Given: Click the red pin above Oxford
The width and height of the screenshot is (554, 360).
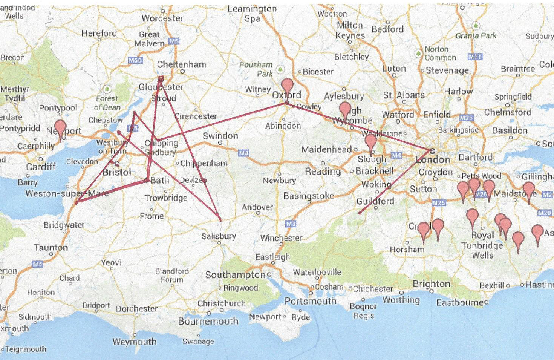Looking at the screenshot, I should pyautogui.click(x=288, y=85).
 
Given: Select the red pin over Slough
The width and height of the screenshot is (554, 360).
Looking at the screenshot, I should pyautogui.click(x=371, y=141).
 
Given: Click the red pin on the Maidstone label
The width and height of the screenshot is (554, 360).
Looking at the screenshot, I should pyautogui.click(x=529, y=189).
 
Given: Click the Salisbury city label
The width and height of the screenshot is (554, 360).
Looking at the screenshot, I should pyautogui.click(x=219, y=236).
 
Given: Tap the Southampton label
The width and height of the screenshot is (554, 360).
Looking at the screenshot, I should pyautogui.click(x=235, y=275).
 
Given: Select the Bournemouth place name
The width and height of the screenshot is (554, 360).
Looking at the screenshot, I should pyautogui.click(x=208, y=321).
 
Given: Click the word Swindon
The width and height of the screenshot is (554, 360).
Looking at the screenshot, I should pyautogui.click(x=220, y=136).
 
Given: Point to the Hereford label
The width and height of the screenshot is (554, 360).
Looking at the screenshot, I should pyautogui.click(x=99, y=33).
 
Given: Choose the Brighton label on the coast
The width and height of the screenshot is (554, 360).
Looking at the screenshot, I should pyautogui.click(x=432, y=284).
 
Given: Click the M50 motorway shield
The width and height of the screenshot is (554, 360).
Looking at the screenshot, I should pyautogui.click(x=135, y=60).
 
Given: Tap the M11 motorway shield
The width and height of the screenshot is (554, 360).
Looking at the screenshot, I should pyautogui.click(x=474, y=57).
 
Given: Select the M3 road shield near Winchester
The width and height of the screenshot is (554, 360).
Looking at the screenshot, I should pyautogui.click(x=291, y=224).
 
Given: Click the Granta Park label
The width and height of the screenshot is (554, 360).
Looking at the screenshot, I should pyautogui.click(x=476, y=36).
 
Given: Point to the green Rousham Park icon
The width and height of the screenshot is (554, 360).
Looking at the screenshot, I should pyautogui.click(x=280, y=69).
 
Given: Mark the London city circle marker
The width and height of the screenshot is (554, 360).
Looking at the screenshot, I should pyautogui.click(x=432, y=151).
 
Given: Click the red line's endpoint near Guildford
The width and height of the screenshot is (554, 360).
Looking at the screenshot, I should pyautogui.click(x=359, y=213).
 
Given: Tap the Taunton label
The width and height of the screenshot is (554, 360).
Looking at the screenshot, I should pyautogui.click(x=51, y=247).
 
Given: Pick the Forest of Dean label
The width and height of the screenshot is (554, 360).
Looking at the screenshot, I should pyautogui.click(x=107, y=103).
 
